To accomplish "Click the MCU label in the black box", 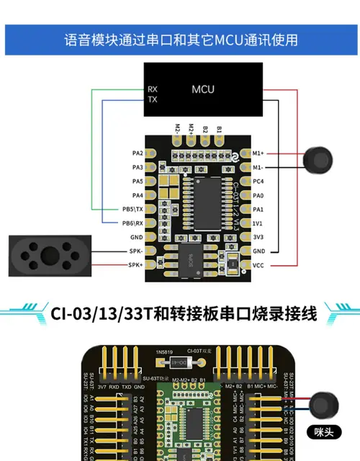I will tap(203, 89).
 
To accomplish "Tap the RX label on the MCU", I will tap(152, 89).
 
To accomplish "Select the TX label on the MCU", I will tap(152, 99).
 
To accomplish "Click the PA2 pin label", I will tap(137, 153).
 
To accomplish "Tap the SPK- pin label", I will tap(135, 251).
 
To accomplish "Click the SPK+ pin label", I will tap(135, 264).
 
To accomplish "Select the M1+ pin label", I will tap(258, 153).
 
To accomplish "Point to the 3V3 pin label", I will tap(258, 237).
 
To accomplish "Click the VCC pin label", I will tap(258, 264).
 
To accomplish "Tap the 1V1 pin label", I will tap(258, 223).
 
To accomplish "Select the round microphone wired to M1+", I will tap(317, 160).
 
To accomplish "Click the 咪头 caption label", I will tap(323, 432).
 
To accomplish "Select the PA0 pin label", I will tap(258, 195).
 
